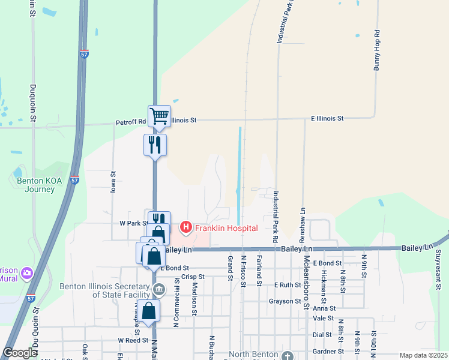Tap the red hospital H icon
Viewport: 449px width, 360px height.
coord(186,227)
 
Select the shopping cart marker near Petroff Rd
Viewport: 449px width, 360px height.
coord(159,116)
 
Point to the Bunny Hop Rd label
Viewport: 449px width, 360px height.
coord(377,50)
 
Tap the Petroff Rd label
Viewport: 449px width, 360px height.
coord(131,122)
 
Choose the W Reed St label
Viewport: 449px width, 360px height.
coord(133,340)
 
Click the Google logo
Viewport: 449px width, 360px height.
coord(19,353)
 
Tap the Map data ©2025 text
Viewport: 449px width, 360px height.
coord(423,355)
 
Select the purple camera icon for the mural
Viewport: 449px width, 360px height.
coord(26,274)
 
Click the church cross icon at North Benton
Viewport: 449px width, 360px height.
coord(288,355)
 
